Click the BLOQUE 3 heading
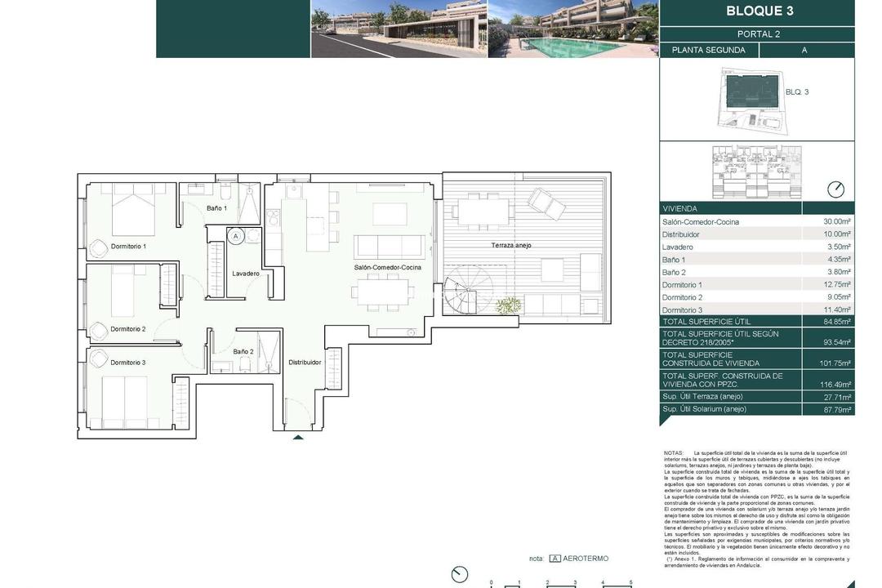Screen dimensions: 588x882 (759, 11)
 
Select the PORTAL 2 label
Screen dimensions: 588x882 (759, 34)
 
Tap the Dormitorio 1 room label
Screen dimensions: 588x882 (127, 246)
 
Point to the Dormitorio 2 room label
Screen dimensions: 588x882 (127, 329)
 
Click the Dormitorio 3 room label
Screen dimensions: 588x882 (128, 363)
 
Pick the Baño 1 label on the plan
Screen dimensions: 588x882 (216, 208)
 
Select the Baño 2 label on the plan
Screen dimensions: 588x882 (243, 352)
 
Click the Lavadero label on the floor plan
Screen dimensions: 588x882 (246, 274)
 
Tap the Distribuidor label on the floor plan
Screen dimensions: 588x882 (305, 362)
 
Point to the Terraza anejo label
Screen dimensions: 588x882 (511, 245)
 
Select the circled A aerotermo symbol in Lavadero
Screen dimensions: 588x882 (236, 235)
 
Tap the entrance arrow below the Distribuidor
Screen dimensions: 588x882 (298, 438)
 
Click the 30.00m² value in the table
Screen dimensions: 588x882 (837, 222)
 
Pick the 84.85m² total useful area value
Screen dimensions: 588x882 (837, 322)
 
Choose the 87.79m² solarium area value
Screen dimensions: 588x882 (837, 410)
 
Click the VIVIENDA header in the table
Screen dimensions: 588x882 (679, 209)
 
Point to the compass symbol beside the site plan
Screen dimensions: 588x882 (835, 189)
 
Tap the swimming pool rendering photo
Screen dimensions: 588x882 (572, 29)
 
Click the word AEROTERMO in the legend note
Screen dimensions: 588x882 (586, 559)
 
